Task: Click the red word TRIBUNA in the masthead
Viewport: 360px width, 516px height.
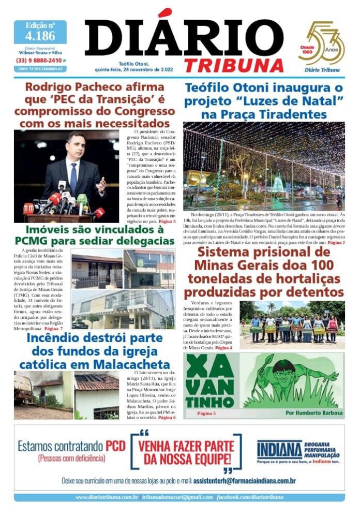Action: tap(234, 65)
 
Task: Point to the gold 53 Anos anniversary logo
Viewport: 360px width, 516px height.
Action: tap(322, 44)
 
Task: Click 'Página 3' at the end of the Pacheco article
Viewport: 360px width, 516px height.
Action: tap(167, 221)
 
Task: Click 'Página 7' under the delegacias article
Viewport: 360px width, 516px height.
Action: tap(54, 329)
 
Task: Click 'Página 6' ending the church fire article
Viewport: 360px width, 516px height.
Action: tap(167, 417)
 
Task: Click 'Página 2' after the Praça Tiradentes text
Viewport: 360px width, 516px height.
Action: tap(336, 242)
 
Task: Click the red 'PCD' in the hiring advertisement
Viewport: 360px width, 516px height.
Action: tap(116, 446)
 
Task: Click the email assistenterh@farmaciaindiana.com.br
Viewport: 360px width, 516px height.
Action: tap(244, 481)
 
